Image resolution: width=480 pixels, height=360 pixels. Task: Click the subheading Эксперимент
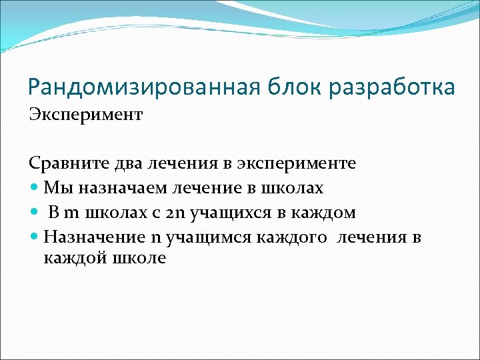click(85, 115)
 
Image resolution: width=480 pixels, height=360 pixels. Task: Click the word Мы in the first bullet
click(55, 189)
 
